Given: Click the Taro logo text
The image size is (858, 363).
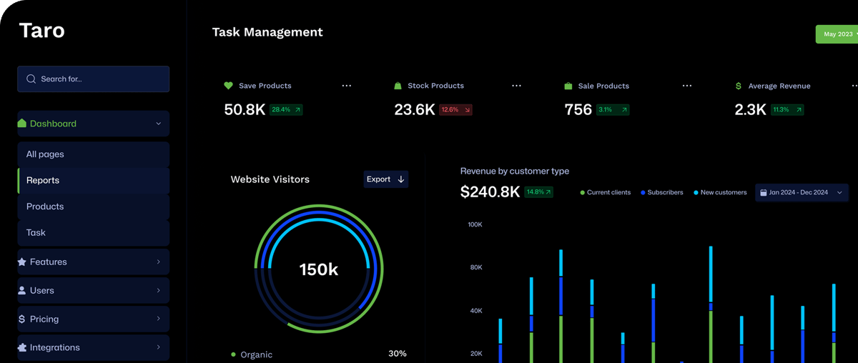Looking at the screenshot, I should click(x=41, y=31).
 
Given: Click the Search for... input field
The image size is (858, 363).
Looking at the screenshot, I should click(x=93, y=79).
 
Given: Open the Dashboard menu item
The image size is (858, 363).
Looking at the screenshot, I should click(x=93, y=124).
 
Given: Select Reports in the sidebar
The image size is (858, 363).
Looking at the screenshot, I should click(x=43, y=180).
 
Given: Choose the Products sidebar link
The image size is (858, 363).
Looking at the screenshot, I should click(x=45, y=207).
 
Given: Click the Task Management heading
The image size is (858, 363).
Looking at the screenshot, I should click(x=267, y=32).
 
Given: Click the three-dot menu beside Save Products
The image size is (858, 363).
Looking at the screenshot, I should click(x=347, y=86).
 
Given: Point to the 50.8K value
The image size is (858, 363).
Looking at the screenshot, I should click(x=245, y=110).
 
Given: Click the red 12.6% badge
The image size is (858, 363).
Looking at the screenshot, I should click(x=455, y=110).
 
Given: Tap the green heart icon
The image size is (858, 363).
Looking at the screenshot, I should click(x=229, y=86).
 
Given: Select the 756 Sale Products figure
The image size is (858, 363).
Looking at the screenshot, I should click(x=578, y=110).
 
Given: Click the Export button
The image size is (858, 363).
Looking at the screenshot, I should click(x=385, y=179).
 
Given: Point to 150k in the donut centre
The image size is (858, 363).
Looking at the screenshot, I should click(x=318, y=269).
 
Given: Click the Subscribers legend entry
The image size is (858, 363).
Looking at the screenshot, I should click(x=662, y=193).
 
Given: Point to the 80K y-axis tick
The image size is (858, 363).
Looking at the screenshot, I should click(x=475, y=268).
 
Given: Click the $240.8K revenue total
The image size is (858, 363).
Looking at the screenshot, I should click(x=490, y=192).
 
